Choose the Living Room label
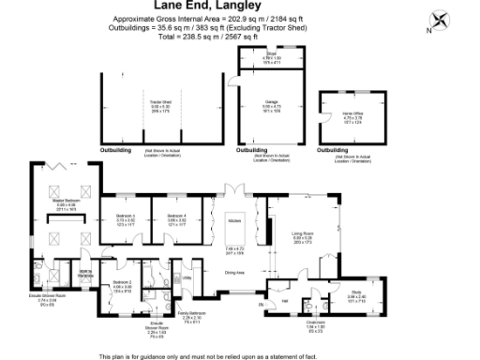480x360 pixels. tap(302, 234)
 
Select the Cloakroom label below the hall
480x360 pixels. tap(315, 324)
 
